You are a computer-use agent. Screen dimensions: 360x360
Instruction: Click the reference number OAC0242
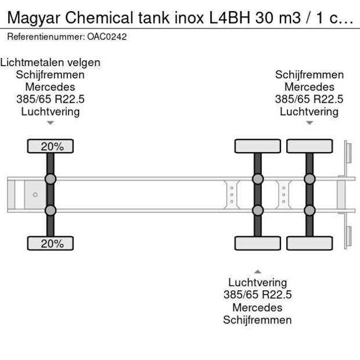pyautogui.click(x=107, y=37)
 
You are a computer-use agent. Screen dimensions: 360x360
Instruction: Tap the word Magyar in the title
pyautogui.click(x=34, y=18)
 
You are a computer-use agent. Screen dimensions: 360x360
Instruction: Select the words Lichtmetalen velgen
pyautogui.click(x=51, y=63)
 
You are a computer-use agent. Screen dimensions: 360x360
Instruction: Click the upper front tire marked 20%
pyautogui.click(x=51, y=146)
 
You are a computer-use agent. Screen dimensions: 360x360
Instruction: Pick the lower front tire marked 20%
pyautogui.click(x=51, y=243)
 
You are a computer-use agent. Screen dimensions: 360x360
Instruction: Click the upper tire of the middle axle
pyautogui.click(x=258, y=146)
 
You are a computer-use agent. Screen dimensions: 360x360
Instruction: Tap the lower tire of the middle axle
pyautogui.click(x=258, y=243)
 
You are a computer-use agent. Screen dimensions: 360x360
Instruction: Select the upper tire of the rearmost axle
pyautogui.click(x=309, y=146)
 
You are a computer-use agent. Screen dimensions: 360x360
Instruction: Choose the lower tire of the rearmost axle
pyautogui.click(x=309, y=243)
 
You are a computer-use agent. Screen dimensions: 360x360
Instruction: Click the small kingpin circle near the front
pyautogui.click(x=35, y=195)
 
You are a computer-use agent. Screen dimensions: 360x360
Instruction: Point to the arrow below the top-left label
pyautogui.click(x=51, y=123)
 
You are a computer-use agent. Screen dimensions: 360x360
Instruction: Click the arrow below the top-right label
pyautogui.click(x=309, y=123)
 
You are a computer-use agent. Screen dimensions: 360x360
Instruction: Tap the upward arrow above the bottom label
pyautogui.click(x=258, y=272)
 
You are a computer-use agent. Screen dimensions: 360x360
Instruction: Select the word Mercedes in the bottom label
pyautogui.click(x=257, y=307)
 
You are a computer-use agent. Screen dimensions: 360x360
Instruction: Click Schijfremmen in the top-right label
pyautogui.click(x=309, y=75)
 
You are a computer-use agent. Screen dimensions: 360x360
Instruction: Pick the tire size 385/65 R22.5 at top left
pyautogui.click(x=51, y=99)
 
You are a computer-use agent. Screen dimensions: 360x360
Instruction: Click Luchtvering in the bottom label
pyautogui.click(x=258, y=282)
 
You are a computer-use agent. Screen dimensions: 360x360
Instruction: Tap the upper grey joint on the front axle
pyautogui.click(x=51, y=179)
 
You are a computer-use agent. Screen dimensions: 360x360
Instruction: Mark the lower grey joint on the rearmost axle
pyautogui.click(x=309, y=210)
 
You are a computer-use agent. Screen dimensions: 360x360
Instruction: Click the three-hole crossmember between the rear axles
pyautogui.click(x=284, y=195)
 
